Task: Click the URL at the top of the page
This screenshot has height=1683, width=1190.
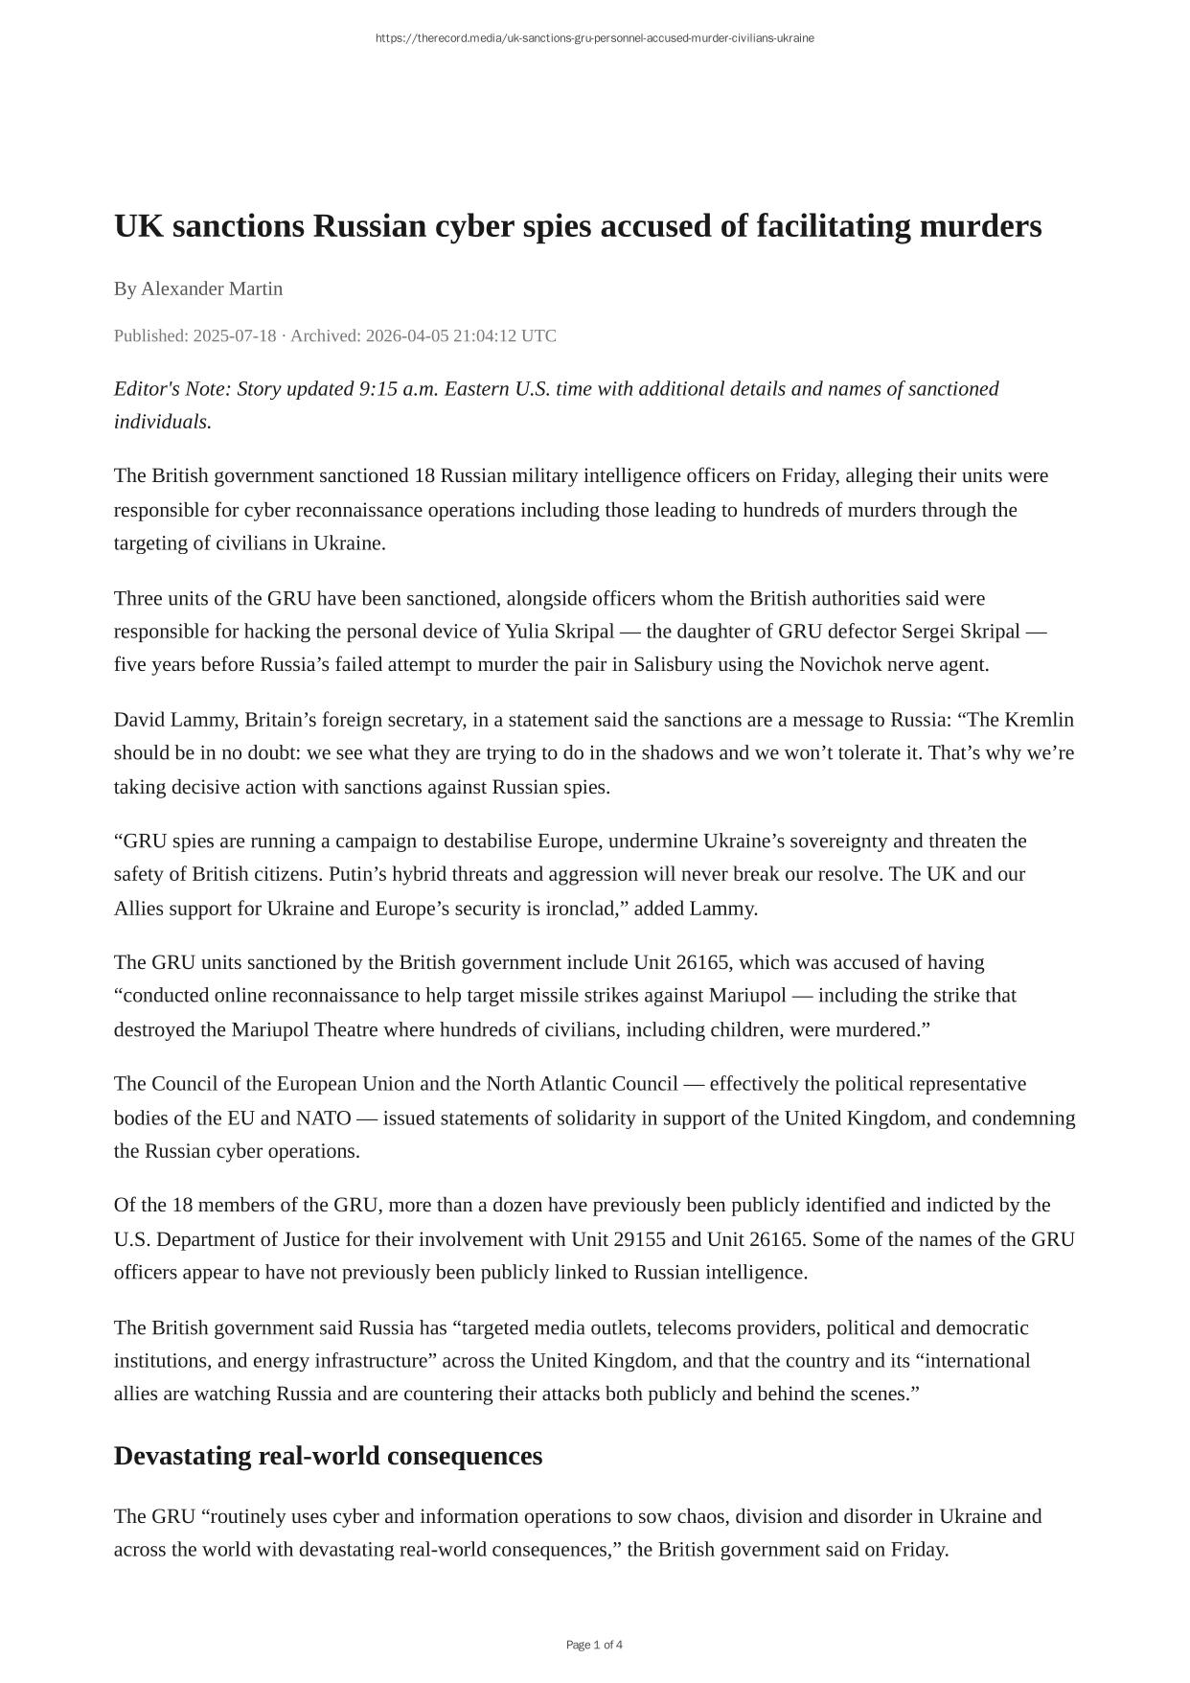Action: [x=594, y=38]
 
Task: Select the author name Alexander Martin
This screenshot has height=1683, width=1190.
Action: [x=212, y=288]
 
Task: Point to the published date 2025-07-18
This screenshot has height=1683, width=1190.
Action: [x=234, y=335]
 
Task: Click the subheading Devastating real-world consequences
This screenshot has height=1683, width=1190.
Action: [x=328, y=1456]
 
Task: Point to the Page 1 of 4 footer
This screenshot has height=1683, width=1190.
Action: [x=594, y=1645]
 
